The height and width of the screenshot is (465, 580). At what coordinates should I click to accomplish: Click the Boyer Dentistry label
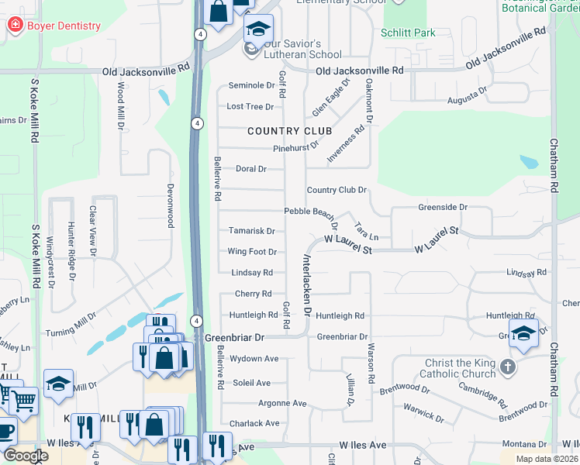64,26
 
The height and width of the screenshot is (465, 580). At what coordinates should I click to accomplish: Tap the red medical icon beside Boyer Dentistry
15,26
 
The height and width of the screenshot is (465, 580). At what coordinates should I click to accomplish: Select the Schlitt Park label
408,33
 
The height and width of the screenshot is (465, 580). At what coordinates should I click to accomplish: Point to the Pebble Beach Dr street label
310,211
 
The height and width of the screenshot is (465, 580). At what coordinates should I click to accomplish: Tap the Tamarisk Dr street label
252,231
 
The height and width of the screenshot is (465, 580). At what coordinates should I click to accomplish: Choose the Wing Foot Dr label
252,252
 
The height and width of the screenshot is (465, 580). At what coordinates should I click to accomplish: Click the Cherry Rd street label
253,294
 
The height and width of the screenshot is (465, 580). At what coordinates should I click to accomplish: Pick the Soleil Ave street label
253,383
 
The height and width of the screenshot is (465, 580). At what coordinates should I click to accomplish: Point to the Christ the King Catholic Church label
460,369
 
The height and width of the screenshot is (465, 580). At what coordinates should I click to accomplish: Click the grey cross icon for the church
508,367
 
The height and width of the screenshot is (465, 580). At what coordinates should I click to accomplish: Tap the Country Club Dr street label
337,190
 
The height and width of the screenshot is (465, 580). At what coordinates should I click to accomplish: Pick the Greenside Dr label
443,208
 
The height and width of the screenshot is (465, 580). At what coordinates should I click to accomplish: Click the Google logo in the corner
26,455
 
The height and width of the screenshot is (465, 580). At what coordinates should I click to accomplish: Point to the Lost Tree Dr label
250,106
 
